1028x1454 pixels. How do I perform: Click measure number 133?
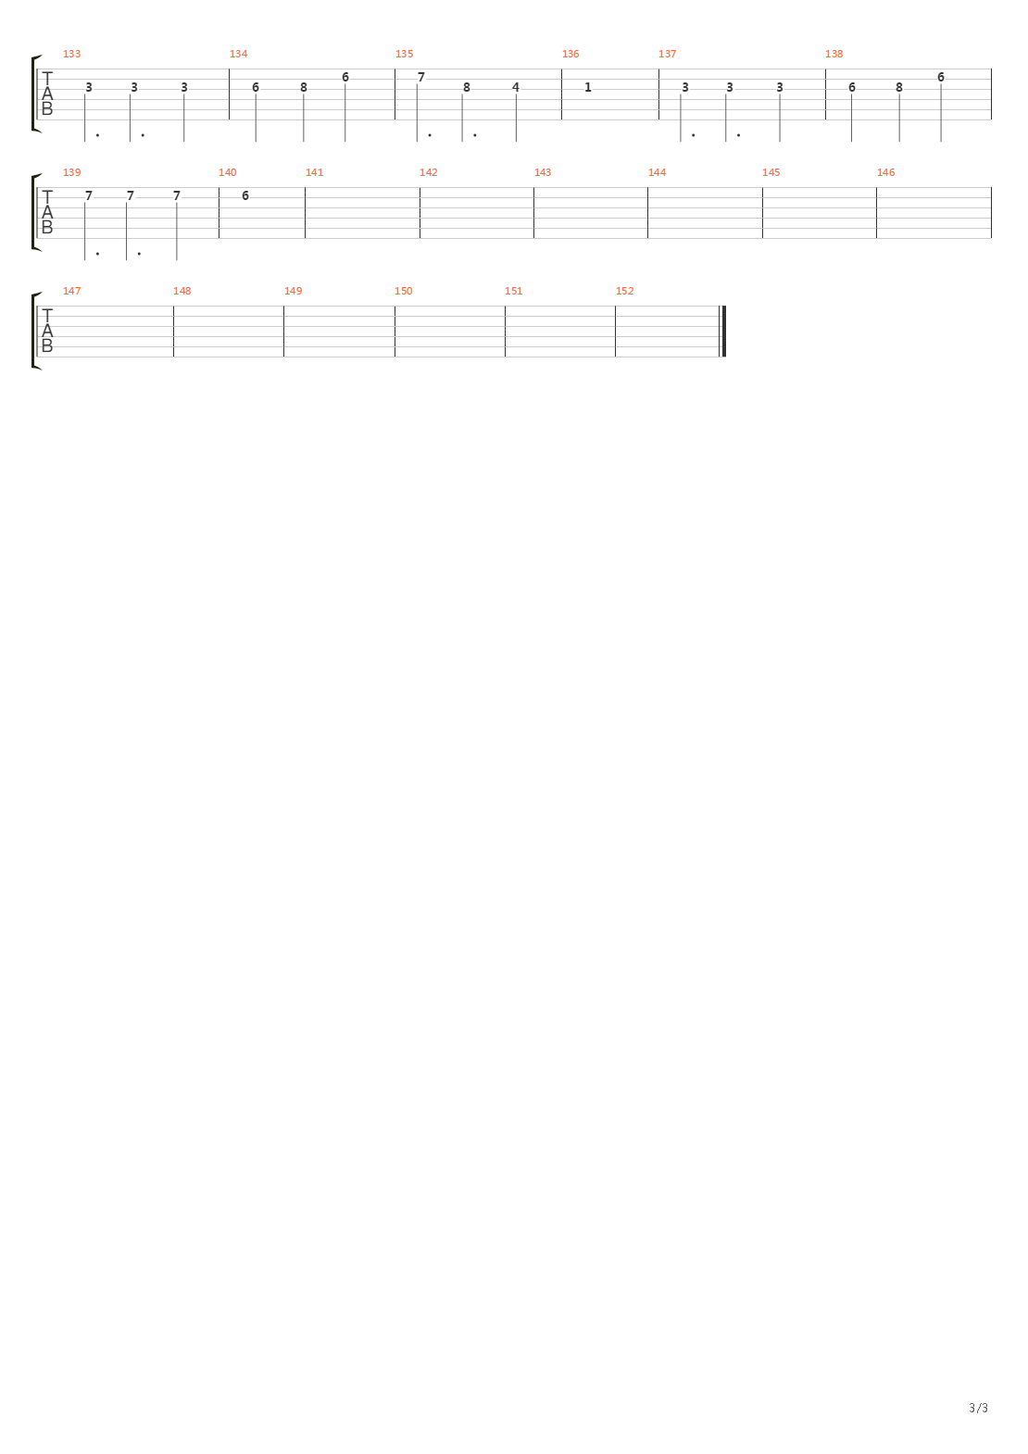(x=71, y=54)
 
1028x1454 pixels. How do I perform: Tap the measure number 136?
(x=570, y=54)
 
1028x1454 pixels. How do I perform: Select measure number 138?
(x=834, y=54)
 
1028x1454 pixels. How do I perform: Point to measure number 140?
(x=227, y=172)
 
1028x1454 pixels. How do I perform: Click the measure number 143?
(x=543, y=172)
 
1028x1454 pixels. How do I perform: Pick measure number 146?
(x=885, y=172)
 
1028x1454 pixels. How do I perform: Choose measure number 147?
(x=71, y=291)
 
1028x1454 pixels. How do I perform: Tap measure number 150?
(x=403, y=291)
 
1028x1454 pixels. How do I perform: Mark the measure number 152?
(x=624, y=291)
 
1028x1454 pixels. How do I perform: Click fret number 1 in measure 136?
(x=587, y=87)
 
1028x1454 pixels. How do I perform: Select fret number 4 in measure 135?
(x=516, y=87)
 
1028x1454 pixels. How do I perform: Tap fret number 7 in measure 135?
(x=421, y=77)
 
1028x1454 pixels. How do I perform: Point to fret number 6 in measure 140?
(x=245, y=195)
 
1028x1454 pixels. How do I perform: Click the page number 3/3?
(x=978, y=1408)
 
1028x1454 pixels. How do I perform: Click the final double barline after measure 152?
(x=723, y=331)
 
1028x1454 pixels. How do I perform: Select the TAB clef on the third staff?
(x=47, y=331)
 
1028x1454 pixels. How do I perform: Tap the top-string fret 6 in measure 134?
(x=345, y=77)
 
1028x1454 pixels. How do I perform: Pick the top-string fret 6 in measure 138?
(x=941, y=77)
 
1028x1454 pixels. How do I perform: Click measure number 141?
(x=314, y=172)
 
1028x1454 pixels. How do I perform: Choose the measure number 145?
(x=771, y=172)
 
